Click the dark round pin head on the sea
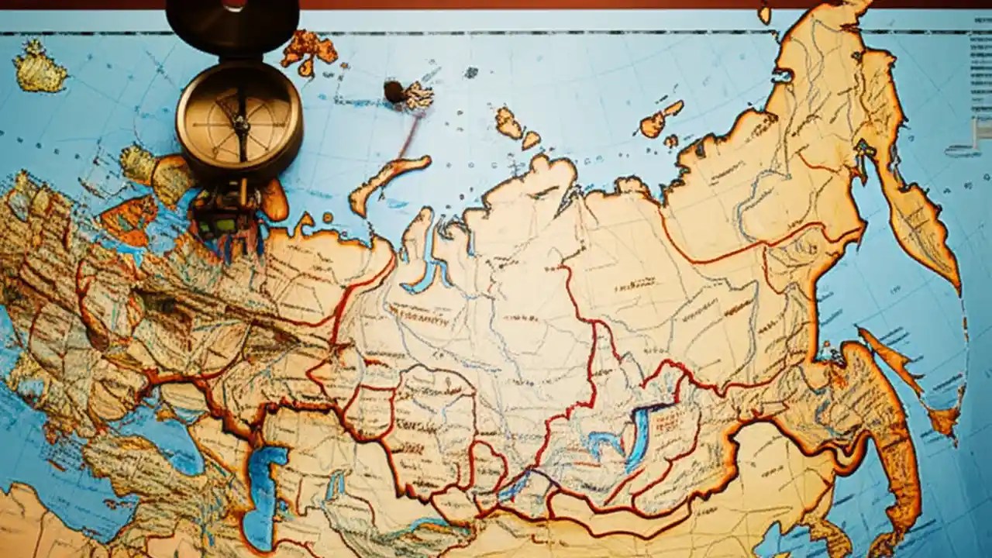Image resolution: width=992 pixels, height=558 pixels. click(x=394, y=91)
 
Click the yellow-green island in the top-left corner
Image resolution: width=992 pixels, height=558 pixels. click(x=39, y=67)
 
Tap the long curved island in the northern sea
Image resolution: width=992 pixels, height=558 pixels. click(x=387, y=181)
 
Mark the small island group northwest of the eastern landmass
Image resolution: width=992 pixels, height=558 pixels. click(x=661, y=121)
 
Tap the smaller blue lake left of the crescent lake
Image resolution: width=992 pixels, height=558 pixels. click(x=602, y=445)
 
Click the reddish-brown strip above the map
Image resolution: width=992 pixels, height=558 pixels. click(x=542, y=4)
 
